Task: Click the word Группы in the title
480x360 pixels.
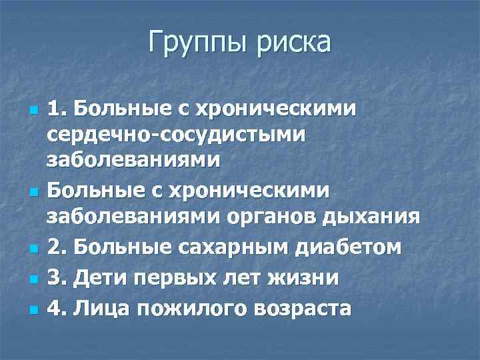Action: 192,43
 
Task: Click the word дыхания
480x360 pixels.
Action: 362,217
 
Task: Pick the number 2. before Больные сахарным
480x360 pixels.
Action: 57,247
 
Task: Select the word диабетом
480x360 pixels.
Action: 349,247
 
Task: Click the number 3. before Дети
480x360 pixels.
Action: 57,278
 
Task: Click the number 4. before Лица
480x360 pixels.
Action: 57,309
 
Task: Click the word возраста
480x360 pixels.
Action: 297,309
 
